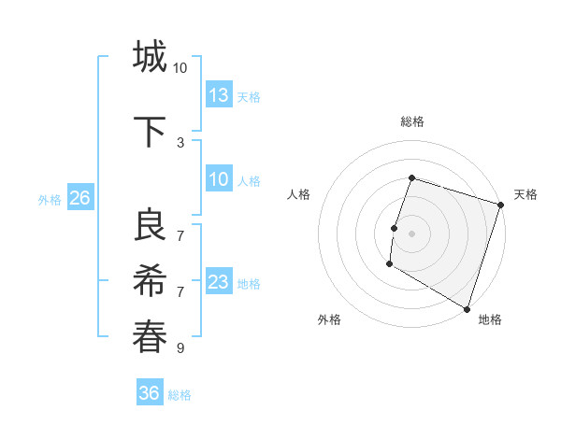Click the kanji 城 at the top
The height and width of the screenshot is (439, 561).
[150, 57]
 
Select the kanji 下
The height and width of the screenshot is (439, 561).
[150, 132]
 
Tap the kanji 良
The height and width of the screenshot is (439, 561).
[150, 225]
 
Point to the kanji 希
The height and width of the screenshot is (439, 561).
[150, 281]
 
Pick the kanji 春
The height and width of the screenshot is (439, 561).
[150, 337]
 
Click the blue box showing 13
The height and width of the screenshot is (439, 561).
[219, 94]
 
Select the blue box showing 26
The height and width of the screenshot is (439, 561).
[79, 198]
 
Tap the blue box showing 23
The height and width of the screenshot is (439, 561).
[219, 282]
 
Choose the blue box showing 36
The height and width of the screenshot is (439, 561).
[150, 393]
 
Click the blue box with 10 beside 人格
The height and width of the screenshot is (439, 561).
[219, 179]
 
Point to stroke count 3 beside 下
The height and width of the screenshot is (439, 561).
[180, 142]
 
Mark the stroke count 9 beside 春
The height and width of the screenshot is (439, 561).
[180, 348]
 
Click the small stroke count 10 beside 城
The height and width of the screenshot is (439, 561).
[180, 68]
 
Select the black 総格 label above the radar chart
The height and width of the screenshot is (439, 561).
[411, 121]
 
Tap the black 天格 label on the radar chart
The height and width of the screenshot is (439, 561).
[525, 194]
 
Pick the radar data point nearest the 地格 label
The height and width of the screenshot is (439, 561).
[467, 308]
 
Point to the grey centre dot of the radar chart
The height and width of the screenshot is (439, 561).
[411, 234]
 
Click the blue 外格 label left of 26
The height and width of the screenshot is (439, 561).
[50, 199]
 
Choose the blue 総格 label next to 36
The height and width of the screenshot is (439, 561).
[180, 394]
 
